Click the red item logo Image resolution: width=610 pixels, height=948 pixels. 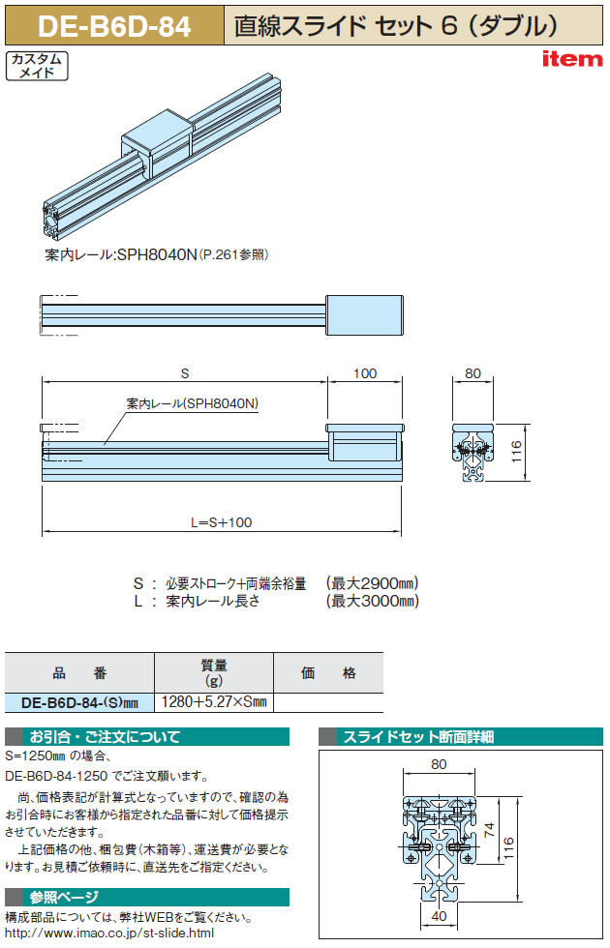click(x=572, y=59)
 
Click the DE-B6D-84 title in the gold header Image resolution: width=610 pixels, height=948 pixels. click(x=114, y=27)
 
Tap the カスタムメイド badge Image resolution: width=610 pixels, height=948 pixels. click(x=37, y=66)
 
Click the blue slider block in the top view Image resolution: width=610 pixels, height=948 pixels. click(x=364, y=314)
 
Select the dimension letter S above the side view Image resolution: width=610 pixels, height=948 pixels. click(x=185, y=373)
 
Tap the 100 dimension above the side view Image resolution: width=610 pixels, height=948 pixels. click(x=365, y=373)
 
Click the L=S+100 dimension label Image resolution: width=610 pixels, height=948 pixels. click(x=222, y=522)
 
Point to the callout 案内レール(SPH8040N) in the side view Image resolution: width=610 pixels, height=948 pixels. click(x=193, y=403)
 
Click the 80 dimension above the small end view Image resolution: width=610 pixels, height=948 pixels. click(x=473, y=373)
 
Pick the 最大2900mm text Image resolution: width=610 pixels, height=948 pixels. click(x=372, y=583)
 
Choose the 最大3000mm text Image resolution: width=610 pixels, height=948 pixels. click(x=372, y=601)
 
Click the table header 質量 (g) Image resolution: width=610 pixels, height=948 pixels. click(x=214, y=672)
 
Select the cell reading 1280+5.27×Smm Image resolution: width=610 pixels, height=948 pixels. click(x=214, y=702)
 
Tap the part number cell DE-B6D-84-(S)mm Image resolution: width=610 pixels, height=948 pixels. click(x=79, y=702)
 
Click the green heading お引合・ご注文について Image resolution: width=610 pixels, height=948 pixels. click(x=105, y=736)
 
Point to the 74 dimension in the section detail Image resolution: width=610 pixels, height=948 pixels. click(x=490, y=829)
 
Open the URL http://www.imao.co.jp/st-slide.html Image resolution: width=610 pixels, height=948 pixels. click(x=109, y=933)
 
